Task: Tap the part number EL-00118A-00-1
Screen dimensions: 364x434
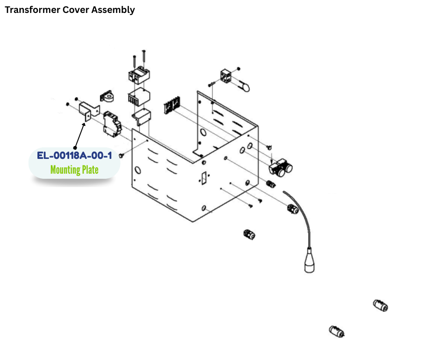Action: pyautogui.click(x=74, y=156)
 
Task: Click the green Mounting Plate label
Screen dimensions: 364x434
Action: pyautogui.click(x=74, y=170)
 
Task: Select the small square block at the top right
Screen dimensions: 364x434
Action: pyautogui.click(x=227, y=75)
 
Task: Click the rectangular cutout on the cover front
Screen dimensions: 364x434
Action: pyautogui.click(x=203, y=177)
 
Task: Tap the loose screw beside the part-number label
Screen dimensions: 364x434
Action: pyautogui.click(x=122, y=156)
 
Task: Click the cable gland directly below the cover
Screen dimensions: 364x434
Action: pyautogui.click(x=249, y=234)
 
